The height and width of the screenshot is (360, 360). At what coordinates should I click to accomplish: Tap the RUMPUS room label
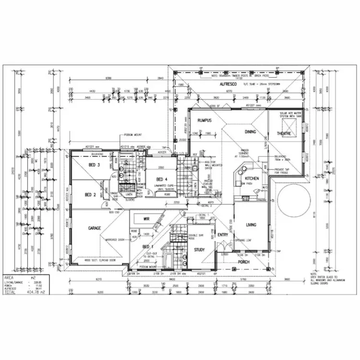(x=204, y=120)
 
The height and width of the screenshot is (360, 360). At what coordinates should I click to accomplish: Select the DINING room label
(x=250, y=132)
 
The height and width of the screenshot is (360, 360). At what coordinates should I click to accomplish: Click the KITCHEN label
(x=252, y=178)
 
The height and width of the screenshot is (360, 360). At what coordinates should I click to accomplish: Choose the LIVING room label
(x=251, y=224)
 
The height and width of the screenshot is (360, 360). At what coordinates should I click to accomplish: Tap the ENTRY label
(x=223, y=235)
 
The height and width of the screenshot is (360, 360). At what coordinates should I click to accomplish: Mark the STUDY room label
(x=199, y=250)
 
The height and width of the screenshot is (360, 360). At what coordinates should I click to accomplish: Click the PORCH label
(x=244, y=262)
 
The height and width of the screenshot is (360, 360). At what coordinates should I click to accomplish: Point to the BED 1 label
(x=148, y=246)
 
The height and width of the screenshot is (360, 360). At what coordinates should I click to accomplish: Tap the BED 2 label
(x=91, y=194)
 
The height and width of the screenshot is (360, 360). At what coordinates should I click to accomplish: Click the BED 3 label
(x=94, y=165)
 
